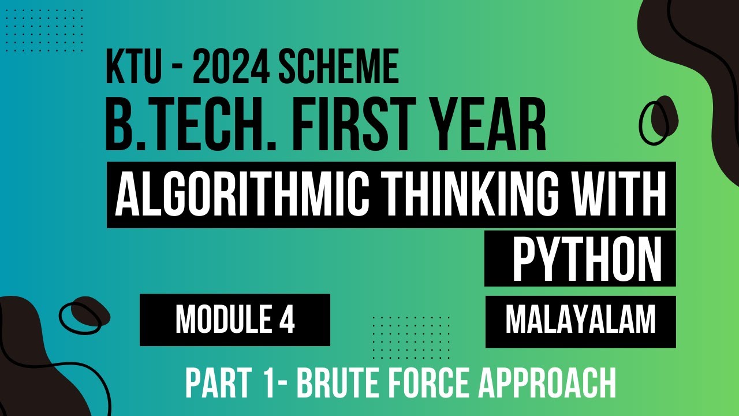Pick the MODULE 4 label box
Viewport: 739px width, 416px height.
pos(234,320)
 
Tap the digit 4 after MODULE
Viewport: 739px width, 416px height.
pos(288,320)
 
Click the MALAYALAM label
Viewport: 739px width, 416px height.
pos(580,320)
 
